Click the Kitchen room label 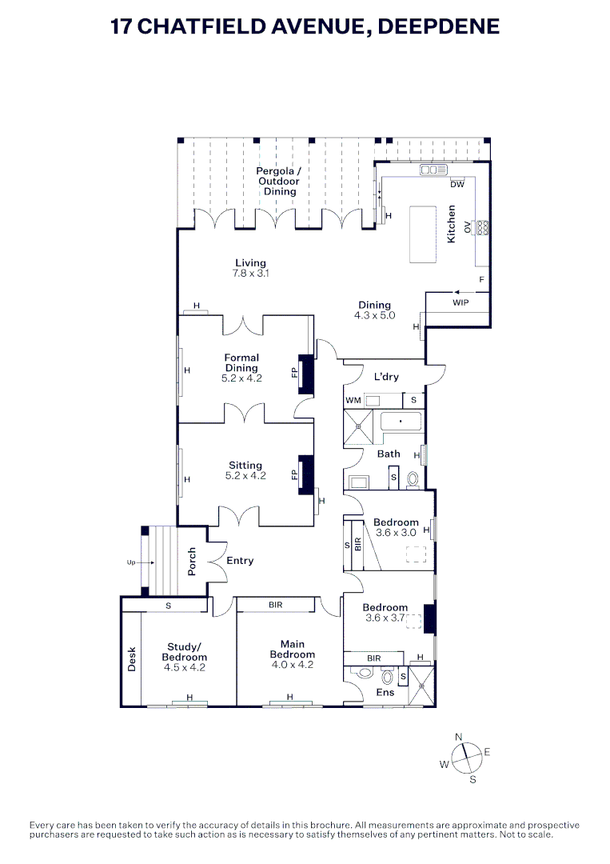452,224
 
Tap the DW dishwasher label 457,185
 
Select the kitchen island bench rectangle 423,234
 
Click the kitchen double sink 434,170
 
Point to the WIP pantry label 460,302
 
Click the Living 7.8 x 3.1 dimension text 250,274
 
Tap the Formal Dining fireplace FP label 294,374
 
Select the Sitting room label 245,465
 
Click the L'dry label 386,376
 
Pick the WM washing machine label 353,401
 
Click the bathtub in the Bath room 401,422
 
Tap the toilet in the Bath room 413,479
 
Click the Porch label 192,562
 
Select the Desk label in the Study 132,659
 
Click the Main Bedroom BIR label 276,605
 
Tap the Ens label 385,692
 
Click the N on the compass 459,738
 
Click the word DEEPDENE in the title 439,26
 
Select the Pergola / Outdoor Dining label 279,182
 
